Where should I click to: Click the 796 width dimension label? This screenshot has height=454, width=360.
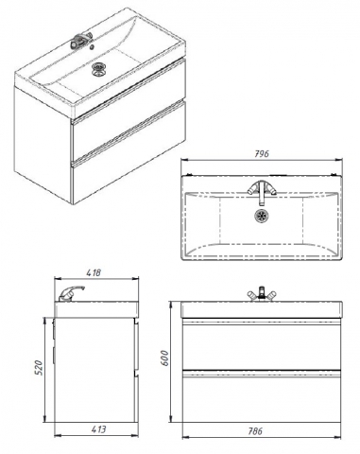262,153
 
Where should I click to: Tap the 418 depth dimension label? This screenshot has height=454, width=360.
94,272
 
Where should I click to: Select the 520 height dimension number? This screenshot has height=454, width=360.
38,368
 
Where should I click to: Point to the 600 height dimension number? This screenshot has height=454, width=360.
164,358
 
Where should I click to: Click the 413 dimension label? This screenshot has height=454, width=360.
99,429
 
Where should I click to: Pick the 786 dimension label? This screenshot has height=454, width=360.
254,431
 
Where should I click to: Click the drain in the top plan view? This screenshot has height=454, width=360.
262,216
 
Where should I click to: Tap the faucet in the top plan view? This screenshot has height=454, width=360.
262,191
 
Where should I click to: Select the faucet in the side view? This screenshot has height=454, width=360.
72,293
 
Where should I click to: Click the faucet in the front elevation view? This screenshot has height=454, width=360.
261,294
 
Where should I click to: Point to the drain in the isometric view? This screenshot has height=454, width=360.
98,69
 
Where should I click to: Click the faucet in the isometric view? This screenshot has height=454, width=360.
81,41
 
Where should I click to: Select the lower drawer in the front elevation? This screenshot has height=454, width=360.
261,396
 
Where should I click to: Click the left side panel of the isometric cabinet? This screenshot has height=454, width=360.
43,144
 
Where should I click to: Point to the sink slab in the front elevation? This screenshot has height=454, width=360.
261,309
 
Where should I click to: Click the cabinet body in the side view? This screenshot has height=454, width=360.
94,370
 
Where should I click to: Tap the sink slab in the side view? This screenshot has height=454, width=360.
96,308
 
